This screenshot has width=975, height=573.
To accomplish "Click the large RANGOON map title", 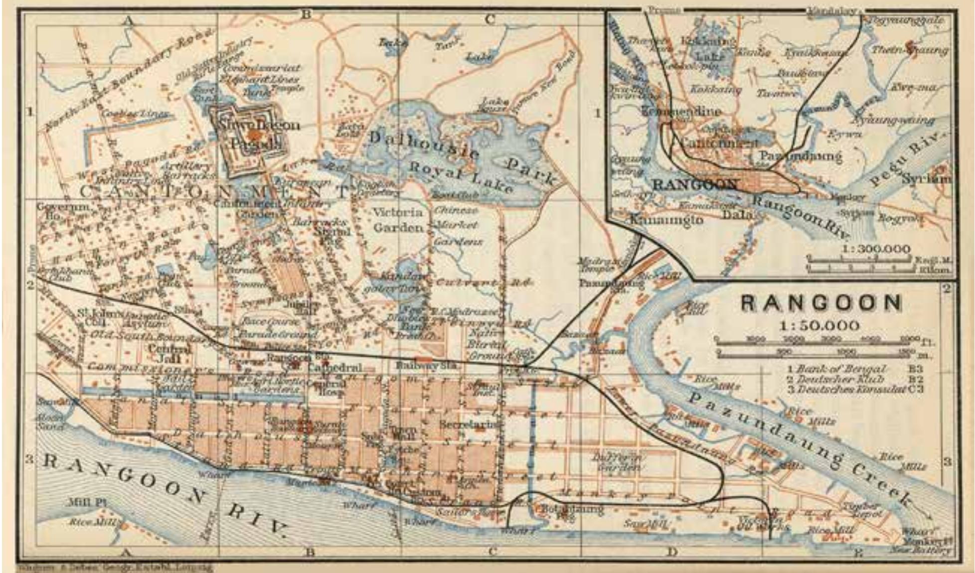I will pos(821,303).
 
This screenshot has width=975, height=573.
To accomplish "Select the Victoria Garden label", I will pos(398,220).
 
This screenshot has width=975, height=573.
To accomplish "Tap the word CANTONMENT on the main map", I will pos(214,191).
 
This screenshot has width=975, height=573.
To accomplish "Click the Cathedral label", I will pos(335,368).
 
